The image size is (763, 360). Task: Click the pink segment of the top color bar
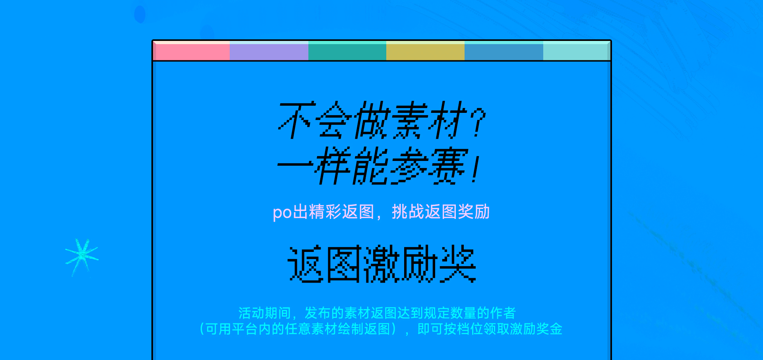pos(192,51)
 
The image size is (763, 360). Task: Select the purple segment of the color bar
pos(269,51)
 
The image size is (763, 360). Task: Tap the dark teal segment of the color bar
pos(347,51)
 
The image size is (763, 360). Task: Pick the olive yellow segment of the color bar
pos(425,51)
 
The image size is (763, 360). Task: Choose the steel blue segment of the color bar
pos(504,51)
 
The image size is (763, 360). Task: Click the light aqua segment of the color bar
pos(577,51)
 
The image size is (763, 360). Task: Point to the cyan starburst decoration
pos(82,257)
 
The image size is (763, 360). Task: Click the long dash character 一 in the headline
pos(295,164)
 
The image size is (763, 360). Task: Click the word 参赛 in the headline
pos(428,166)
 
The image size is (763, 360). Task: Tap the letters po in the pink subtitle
pos(282,213)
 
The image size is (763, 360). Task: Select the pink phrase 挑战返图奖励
pos(441,212)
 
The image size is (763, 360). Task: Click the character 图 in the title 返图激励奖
pos(344,264)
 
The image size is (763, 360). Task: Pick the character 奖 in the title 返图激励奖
pos(458,264)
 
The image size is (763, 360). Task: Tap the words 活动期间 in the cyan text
pos(265,313)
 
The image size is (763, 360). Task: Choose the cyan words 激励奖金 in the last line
pos(536,329)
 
